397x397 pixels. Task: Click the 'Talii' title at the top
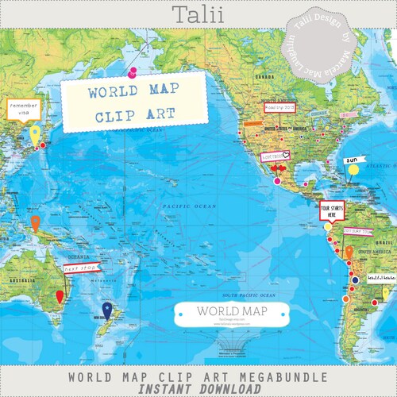click(198, 13)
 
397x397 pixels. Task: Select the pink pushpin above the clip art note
click(132, 71)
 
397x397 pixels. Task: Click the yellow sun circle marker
click(353, 169)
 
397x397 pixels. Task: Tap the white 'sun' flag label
click(353, 159)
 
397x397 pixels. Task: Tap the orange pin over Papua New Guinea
click(34, 222)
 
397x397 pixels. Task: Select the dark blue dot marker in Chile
click(355, 280)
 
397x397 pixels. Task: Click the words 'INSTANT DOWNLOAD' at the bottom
click(198, 388)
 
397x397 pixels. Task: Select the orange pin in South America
click(347, 252)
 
